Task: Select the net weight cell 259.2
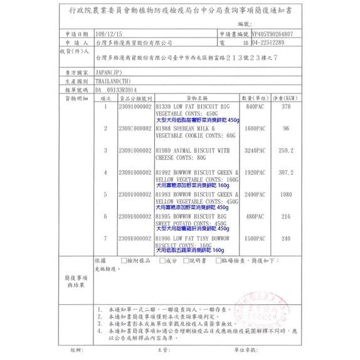tap(286, 151)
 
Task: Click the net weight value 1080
tap(286, 194)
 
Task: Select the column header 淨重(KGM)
tap(286, 99)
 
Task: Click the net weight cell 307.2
tap(286, 172)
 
